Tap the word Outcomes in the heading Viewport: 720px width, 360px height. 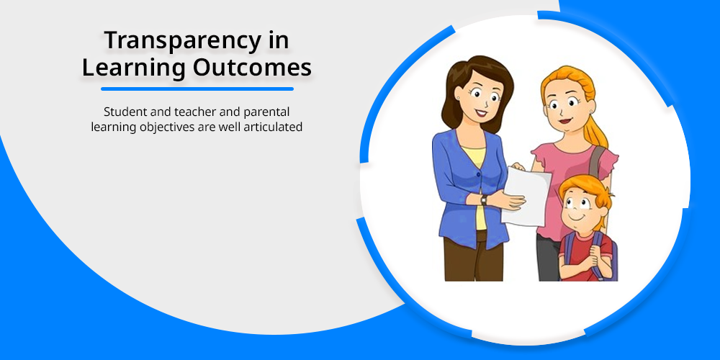click(252, 68)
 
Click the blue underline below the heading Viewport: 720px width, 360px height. click(197, 89)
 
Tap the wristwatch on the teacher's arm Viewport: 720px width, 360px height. click(484, 199)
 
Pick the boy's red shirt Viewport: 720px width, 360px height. click(584, 251)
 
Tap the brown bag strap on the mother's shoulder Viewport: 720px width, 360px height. click(596, 161)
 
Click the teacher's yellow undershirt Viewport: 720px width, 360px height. click(477, 184)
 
